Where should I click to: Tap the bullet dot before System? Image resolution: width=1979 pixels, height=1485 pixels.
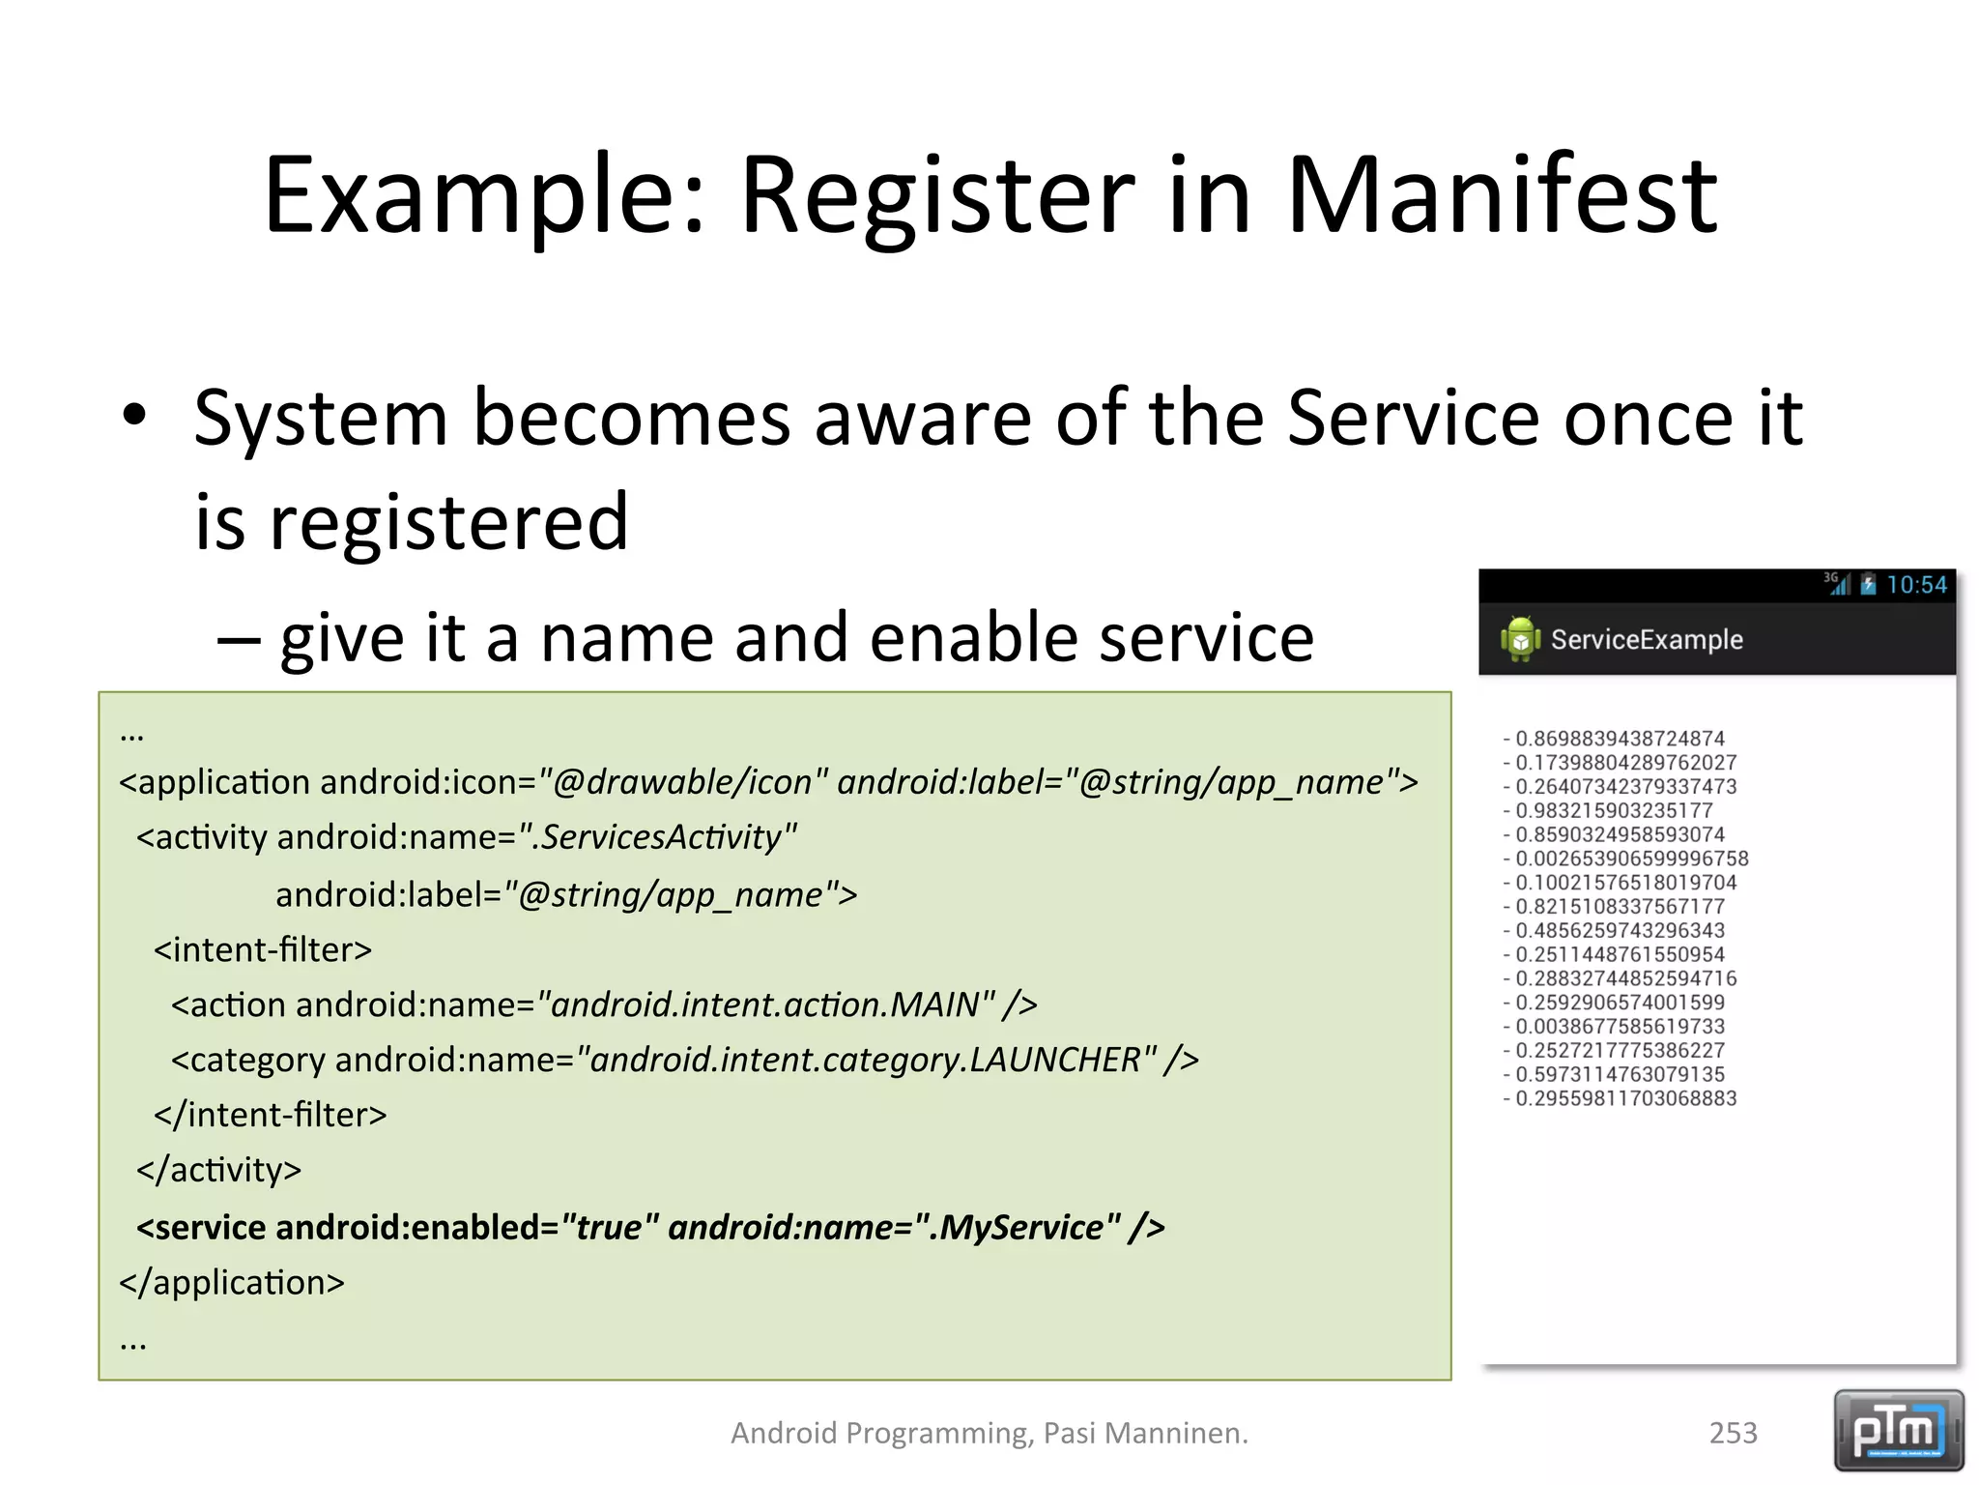coord(134,416)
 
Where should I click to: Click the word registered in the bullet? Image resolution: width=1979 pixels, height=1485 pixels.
coord(448,522)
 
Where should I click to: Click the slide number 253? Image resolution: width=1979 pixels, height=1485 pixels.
coord(1733,1432)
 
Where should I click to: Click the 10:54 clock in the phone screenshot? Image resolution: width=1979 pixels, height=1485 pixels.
coord(1916,585)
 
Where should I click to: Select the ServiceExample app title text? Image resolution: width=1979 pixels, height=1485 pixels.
coord(1646,639)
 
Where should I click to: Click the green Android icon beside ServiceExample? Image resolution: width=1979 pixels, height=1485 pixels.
coord(1520,639)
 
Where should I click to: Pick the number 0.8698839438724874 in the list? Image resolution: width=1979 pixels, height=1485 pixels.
coord(1620,739)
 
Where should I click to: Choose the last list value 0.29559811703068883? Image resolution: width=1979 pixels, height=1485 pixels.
coord(1625,1098)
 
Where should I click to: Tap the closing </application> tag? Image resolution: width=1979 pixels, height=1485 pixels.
coord(231,1282)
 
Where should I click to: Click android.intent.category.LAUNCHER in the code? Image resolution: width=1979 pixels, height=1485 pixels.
coord(865,1060)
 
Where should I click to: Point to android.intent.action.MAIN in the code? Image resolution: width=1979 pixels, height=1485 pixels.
coord(764,1005)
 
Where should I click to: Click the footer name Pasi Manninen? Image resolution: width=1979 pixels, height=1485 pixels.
coord(1145,1432)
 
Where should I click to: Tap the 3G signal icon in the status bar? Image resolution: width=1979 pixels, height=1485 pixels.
coord(1836,583)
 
